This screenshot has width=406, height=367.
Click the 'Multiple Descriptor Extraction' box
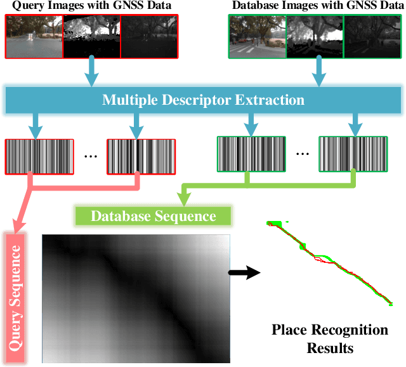pyautogui.click(x=204, y=100)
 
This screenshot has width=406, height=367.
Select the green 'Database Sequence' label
pyautogui.click(x=153, y=216)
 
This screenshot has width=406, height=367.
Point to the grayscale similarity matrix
pyautogui.click(x=134, y=298)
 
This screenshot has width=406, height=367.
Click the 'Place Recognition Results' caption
pyautogui.click(x=329, y=339)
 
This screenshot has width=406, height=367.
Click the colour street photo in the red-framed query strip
pyautogui.click(x=34, y=37)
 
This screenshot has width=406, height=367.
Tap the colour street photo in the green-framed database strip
pyautogui.click(x=257, y=37)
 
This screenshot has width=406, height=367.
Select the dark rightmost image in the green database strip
pyautogui.click(x=371, y=37)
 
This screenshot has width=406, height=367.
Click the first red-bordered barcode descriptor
pyautogui.click(x=39, y=156)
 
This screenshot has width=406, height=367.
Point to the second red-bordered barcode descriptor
pyautogui.click(x=140, y=156)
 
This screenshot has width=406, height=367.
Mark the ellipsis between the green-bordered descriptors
pyautogui.click(x=301, y=154)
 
